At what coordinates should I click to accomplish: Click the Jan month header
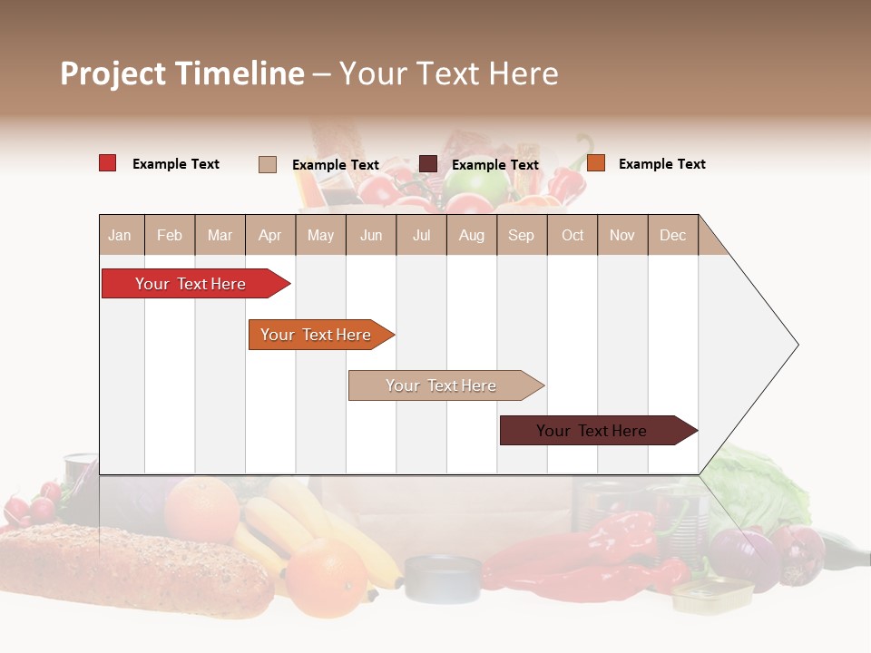click(x=120, y=235)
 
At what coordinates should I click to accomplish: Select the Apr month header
click(x=269, y=235)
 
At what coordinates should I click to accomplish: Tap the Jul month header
click(x=421, y=235)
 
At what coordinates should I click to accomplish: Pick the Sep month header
click(x=521, y=235)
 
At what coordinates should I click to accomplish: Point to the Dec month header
click(x=672, y=235)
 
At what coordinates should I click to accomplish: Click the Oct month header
click(x=573, y=235)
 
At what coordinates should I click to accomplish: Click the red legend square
click(x=107, y=163)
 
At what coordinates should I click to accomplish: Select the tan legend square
click(x=267, y=164)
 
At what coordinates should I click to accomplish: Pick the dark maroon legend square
click(x=428, y=164)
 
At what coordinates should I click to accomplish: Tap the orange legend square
click(x=595, y=163)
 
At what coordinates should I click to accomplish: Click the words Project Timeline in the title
click(x=181, y=73)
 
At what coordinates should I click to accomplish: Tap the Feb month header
click(x=170, y=235)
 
